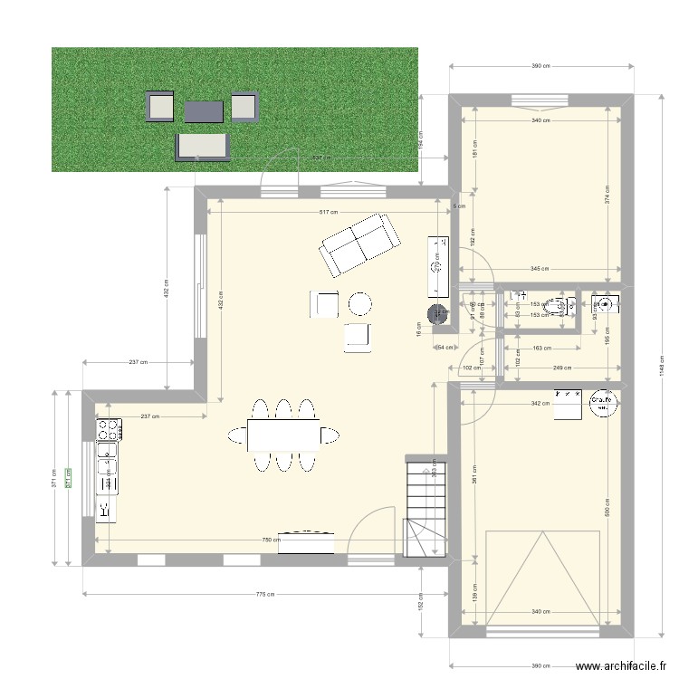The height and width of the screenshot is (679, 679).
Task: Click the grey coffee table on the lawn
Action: click(x=204, y=111)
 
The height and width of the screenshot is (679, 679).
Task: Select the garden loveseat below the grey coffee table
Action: click(x=204, y=146)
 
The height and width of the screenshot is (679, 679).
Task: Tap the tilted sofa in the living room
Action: click(x=359, y=244)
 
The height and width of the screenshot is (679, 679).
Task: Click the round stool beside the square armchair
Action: click(x=360, y=303)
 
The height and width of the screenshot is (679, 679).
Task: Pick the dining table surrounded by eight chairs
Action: click(x=283, y=435)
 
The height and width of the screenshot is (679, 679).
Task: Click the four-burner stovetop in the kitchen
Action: click(x=109, y=428)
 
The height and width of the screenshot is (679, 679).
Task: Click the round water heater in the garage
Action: click(x=602, y=403)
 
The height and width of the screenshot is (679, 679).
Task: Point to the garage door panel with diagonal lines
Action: click(x=542, y=576)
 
